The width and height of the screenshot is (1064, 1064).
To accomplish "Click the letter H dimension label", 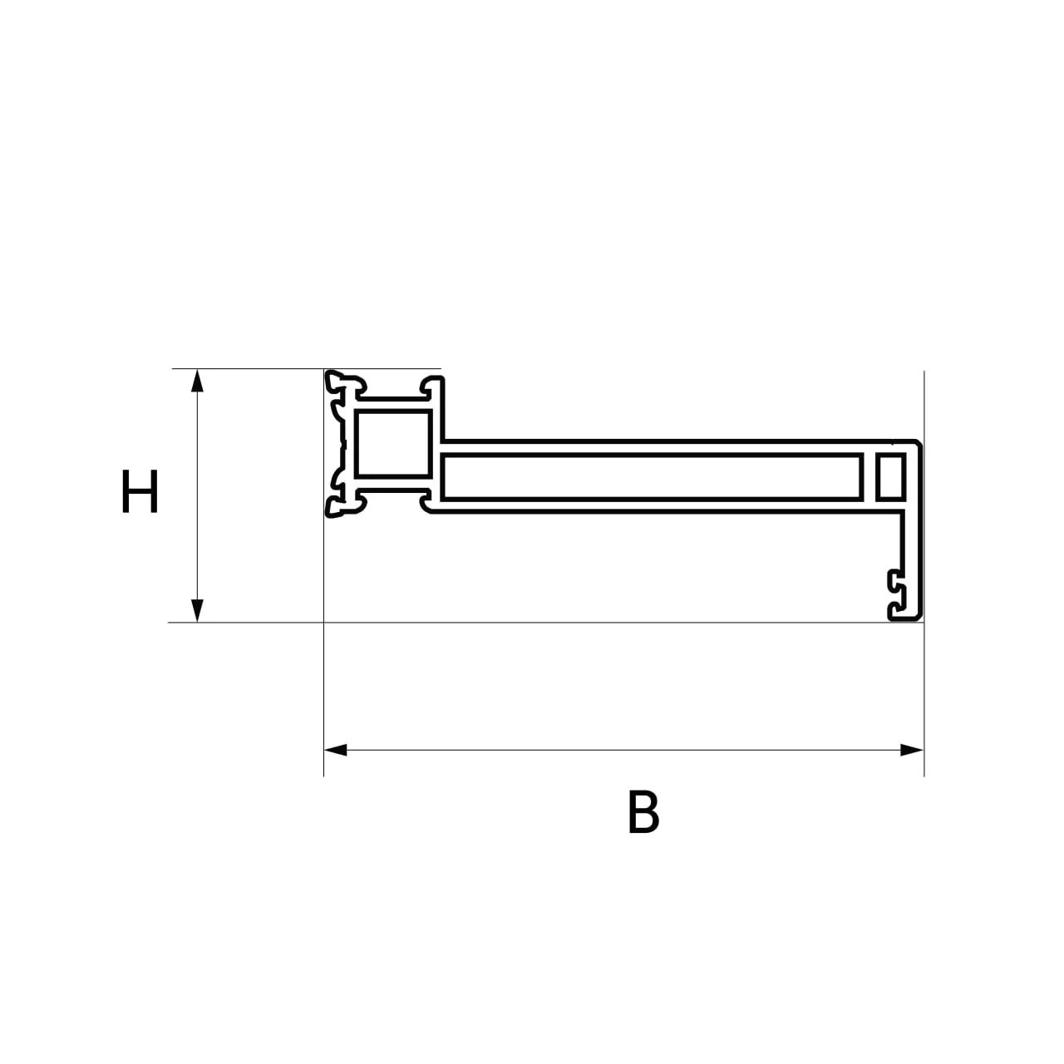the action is (140, 491).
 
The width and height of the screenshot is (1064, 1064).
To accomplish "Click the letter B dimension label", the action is (643, 811).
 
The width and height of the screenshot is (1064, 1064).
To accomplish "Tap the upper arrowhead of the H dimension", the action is (197, 381).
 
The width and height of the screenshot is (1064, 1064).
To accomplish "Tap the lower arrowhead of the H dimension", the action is (197, 611).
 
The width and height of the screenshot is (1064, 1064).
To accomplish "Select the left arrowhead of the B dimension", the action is (335, 750).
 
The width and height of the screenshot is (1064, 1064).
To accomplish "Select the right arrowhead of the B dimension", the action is (912, 750).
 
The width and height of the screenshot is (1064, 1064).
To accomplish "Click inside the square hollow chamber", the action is (392, 443).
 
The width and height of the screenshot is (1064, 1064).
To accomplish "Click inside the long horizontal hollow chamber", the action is (652, 477).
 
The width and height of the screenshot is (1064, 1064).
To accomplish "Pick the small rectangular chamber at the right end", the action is (890, 477).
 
